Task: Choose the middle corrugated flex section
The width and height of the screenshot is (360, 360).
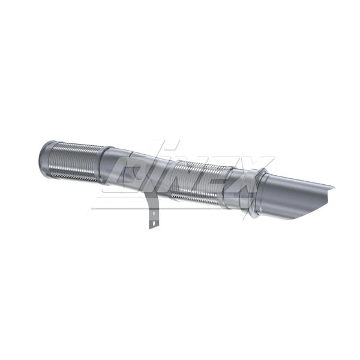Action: click(197, 184)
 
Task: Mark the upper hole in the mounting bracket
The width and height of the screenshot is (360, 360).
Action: click(154, 214)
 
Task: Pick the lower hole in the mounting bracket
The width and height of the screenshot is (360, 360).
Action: click(154, 223)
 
